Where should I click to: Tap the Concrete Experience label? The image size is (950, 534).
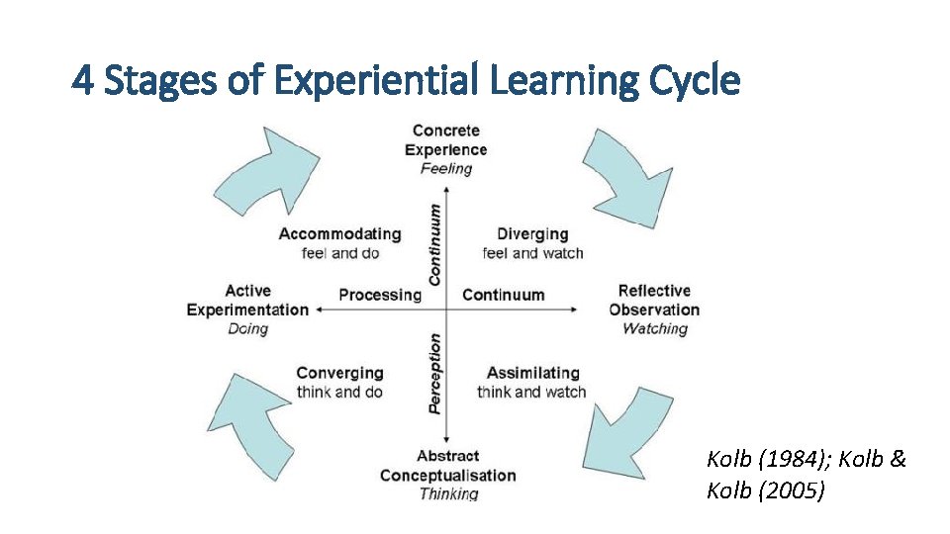click(446, 139)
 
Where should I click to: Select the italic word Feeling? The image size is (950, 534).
click(446, 168)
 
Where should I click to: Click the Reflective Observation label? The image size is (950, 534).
click(654, 300)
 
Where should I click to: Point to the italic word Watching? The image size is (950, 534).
click(654, 328)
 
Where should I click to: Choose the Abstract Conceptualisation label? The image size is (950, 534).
click(447, 466)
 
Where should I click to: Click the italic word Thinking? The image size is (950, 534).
click(448, 493)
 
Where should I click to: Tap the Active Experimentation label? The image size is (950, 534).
click(247, 300)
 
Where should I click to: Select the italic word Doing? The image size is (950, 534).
click(247, 328)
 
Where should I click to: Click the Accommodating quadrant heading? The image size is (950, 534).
click(339, 234)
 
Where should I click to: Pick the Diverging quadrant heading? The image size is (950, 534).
click(532, 234)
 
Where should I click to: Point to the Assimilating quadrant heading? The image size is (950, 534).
click(532, 373)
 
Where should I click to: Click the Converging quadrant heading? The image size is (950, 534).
click(339, 373)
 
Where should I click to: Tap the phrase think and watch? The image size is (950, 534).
click(531, 392)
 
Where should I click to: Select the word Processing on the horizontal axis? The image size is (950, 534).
click(380, 295)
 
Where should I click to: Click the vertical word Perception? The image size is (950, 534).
click(434, 373)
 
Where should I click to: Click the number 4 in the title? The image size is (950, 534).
click(83, 80)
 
